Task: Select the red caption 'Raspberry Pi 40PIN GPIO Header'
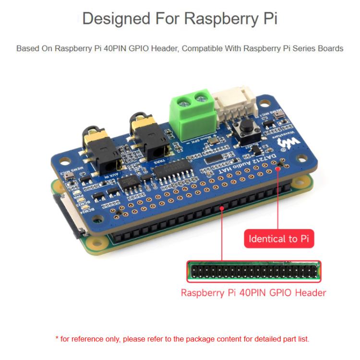(253, 292)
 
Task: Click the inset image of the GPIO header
(253, 272)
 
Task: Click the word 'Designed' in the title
(117, 19)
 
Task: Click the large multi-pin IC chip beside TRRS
(170, 172)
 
